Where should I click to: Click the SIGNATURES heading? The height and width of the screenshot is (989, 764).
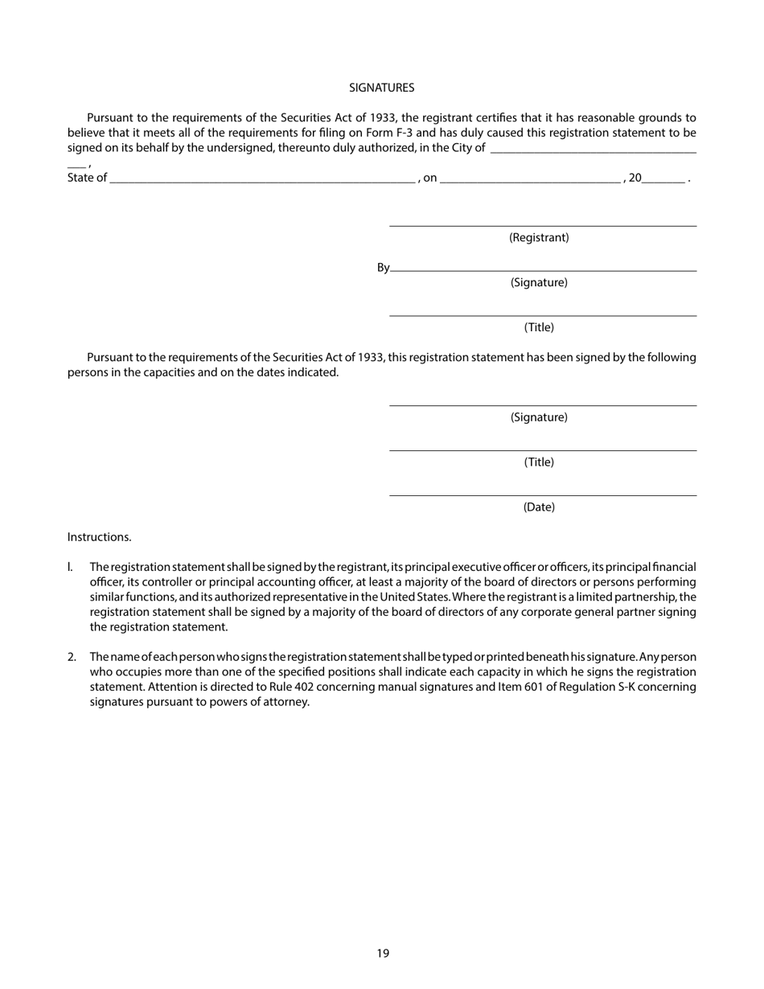(x=381, y=88)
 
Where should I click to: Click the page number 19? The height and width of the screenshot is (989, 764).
(x=382, y=954)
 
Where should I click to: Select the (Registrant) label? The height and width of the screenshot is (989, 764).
(x=539, y=238)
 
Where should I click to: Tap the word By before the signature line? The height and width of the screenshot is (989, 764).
(x=383, y=268)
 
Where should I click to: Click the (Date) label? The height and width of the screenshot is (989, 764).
(x=539, y=507)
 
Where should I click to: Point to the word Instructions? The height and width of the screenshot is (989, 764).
(x=99, y=537)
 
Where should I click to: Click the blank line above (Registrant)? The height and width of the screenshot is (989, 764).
(x=543, y=226)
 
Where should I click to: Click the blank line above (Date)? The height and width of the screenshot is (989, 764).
(x=543, y=495)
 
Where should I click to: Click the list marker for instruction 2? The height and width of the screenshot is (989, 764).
(x=72, y=657)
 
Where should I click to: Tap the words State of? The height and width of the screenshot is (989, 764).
(x=87, y=179)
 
